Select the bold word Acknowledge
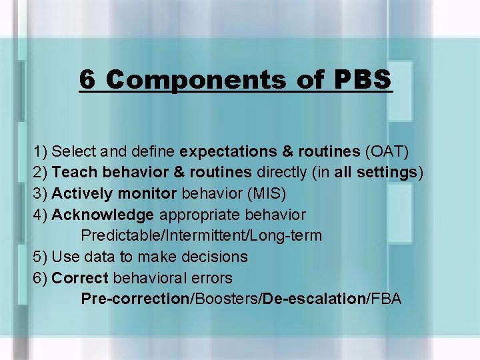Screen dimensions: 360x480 (103, 215)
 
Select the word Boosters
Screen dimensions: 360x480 (225, 299)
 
